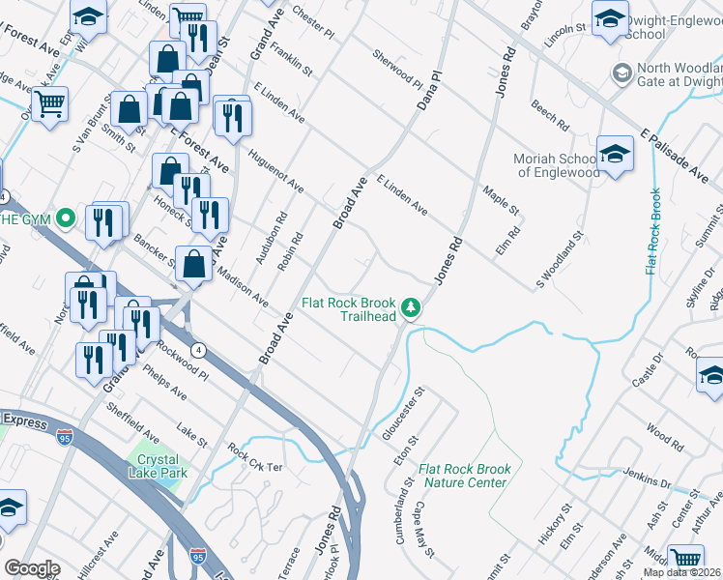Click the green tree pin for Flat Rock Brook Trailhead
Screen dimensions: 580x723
pyautogui.click(x=412, y=307)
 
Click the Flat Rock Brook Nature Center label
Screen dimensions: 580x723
pyautogui.click(x=464, y=476)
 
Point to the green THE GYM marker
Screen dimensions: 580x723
pyautogui.click(x=66, y=217)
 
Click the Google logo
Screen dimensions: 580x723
pyautogui.click(x=31, y=568)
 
